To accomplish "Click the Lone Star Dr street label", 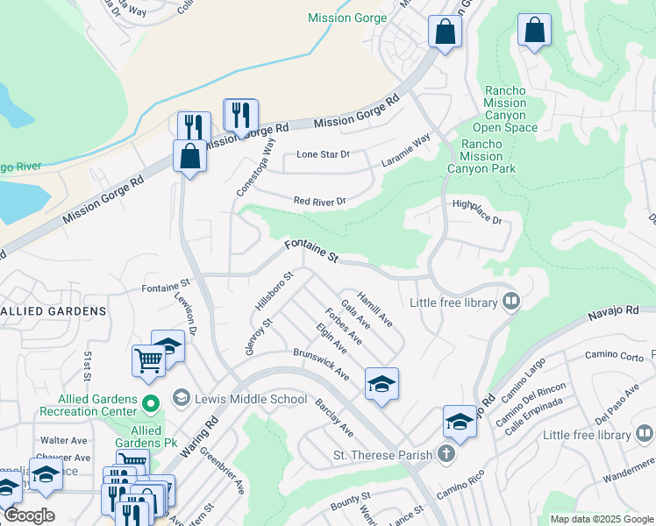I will pos(323,154).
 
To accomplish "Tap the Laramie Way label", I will pos(406,150).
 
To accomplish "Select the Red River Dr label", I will pos(320,201).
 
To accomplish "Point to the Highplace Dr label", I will pos(476,211).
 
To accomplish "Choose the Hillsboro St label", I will pos(273,291).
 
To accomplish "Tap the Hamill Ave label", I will pos(374,308).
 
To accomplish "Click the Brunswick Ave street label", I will pos(321,368).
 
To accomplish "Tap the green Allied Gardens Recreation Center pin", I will pos(150,404).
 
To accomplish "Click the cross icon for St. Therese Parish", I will pos(446,454).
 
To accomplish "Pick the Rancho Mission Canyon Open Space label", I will pos(504,109).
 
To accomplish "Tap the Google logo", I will pos(28,515).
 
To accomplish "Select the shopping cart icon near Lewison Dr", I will pos(148,359).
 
